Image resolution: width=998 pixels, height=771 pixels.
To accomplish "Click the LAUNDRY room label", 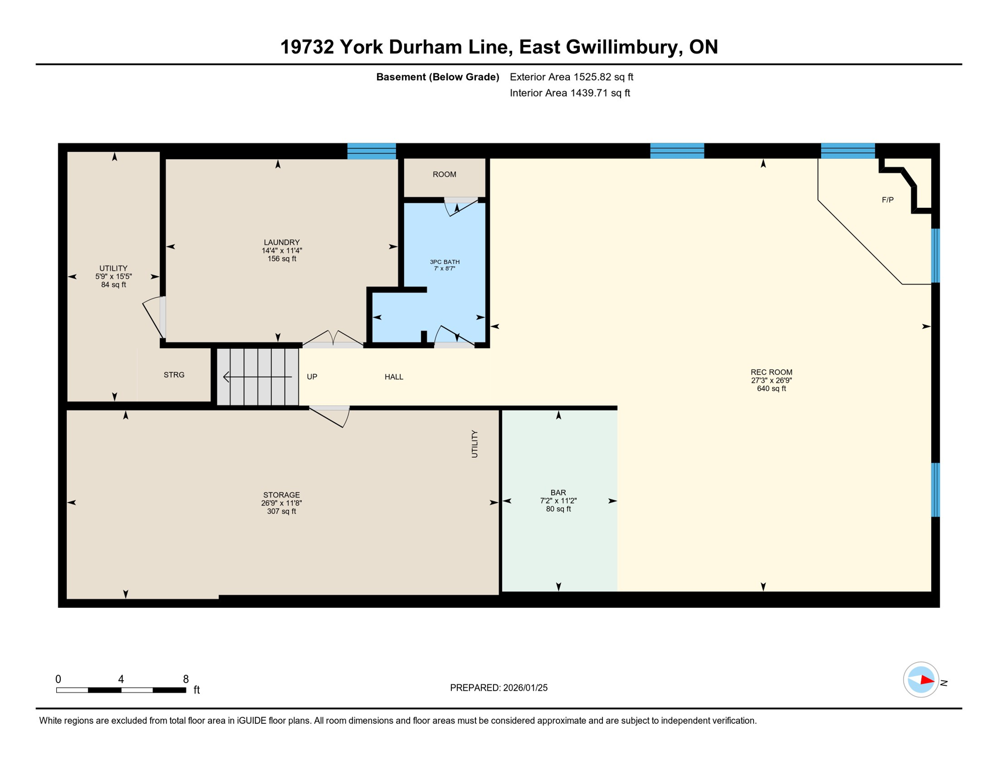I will pos(282,242).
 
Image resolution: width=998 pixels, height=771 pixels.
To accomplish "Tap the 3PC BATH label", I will pos(444,262).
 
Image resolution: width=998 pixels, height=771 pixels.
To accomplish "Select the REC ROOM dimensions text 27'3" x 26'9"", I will pos(771,380).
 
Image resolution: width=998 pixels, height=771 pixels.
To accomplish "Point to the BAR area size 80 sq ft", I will pos(558,509).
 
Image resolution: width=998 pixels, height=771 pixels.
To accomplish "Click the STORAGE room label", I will pos(281,495).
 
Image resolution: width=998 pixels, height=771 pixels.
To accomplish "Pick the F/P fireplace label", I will pos(887,200).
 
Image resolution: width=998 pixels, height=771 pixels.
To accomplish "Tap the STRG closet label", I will pos(174,375).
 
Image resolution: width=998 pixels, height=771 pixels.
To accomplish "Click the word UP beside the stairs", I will pos(312,377).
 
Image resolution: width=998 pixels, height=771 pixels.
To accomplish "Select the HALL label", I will pos(394,377).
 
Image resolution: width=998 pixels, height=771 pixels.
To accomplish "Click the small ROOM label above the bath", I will pos(444,174).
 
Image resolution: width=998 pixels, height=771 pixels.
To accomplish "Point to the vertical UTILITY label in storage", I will pos(474,444).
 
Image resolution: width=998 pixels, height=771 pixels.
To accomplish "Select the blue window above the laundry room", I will pos(371,151).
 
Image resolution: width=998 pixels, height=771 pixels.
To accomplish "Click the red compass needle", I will pos(926,681).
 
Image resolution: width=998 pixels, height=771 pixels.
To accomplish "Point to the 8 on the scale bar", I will pos(186,679).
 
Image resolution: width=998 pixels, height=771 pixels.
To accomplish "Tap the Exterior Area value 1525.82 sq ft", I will pos(603,77).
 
